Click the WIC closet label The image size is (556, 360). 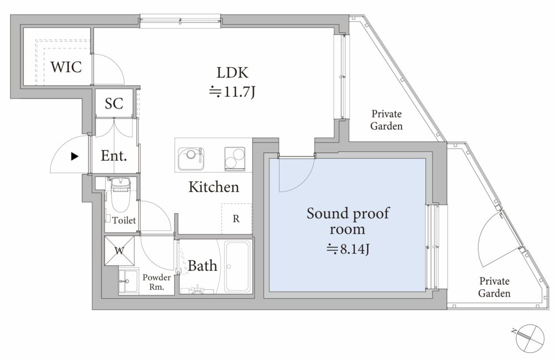[x=66, y=67]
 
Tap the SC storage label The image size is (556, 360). [x=114, y=103]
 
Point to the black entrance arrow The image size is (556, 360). [x=75, y=156]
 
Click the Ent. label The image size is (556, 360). [x=113, y=155]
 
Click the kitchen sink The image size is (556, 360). [x=191, y=159]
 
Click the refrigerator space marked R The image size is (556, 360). [x=236, y=218]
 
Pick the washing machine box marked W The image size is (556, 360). [x=120, y=250]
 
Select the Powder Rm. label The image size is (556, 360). [x=156, y=282]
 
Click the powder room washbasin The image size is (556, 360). [x=128, y=282]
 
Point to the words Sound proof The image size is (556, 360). [x=348, y=213]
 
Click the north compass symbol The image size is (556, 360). [x=530, y=338]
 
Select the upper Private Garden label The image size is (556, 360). [x=386, y=120]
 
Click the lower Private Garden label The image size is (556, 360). [x=494, y=287]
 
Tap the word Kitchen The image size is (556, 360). [x=214, y=187]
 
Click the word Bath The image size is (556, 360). [x=202, y=265]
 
